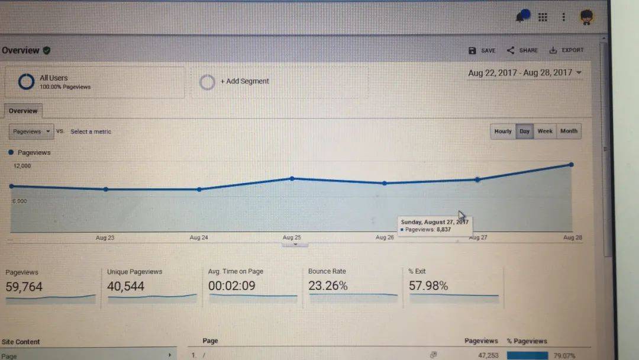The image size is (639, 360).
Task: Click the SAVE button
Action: tap(482, 51)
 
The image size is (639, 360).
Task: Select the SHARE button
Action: tap(522, 51)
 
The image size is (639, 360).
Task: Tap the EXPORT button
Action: tap(566, 51)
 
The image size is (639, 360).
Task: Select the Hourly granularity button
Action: tap(502, 131)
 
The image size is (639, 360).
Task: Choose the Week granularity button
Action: tap(545, 131)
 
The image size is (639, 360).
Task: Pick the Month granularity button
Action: tap(569, 131)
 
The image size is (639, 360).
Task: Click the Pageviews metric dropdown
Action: tap(31, 131)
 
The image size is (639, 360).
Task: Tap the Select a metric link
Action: tap(91, 131)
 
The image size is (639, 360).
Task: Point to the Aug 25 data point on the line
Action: tap(292, 178)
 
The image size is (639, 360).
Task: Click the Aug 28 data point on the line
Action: tap(571, 164)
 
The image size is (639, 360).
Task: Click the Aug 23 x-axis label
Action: tap(105, 238)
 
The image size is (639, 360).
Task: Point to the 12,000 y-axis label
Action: tap(22, 166)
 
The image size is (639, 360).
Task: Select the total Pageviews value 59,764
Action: tap(24, 287)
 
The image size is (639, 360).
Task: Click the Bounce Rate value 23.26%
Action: tap(328, 286)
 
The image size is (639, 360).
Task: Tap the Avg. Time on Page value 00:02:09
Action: tap(231, 286)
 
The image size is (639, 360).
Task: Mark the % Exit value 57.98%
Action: tap(428, 286)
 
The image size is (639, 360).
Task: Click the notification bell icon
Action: tap(521, 17)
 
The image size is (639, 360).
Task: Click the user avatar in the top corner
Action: tap(586, 17)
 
